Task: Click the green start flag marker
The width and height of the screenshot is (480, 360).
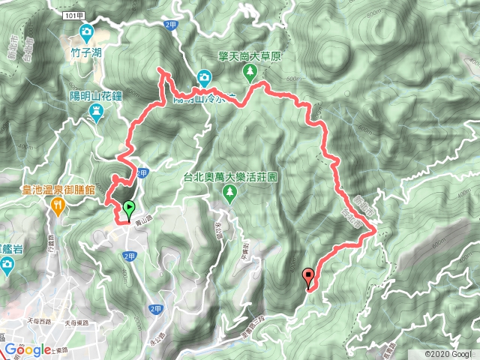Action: coord(129,208)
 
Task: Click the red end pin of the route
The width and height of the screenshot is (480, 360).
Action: coord(307,277)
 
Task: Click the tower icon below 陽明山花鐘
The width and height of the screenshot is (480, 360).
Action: coord(96,112)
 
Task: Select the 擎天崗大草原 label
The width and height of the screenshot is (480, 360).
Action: coord(250,55)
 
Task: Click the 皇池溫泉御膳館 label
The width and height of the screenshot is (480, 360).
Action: coord(57,190)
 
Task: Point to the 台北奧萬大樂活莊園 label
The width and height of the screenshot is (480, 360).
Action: coord(230,178)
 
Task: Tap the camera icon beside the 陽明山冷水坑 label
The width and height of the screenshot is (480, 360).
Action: coord(204,76)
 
